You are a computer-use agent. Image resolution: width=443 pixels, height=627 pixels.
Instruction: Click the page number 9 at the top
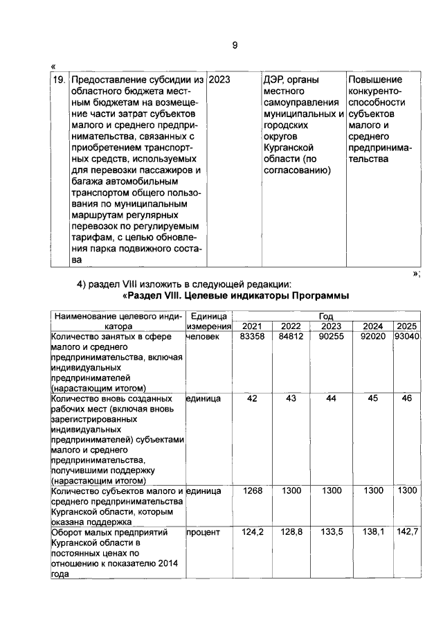pyautogui.click(x=235, y=45)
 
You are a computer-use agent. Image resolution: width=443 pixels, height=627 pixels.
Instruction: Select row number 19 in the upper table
pyautogui.click(x=60, y=80)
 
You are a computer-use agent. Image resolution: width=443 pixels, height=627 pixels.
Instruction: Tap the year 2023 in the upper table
pyautogui.click(x=219, y=80)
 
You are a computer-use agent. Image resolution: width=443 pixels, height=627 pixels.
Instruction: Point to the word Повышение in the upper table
pyautogui.click(x=374, y=80)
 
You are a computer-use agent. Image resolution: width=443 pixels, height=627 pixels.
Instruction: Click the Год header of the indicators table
pyautogui.click(x=325, y=316)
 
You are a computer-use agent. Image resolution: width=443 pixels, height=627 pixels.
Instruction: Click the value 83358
pyautogui.click(x=252, y=336)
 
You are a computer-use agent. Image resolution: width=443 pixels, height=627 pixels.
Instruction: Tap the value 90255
pyautogui.click(x=331, y=336)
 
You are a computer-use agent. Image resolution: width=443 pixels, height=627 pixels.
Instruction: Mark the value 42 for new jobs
pyautogui.click(x=252, y=398)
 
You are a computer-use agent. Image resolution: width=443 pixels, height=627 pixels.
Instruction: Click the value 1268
pyautogui.click(x=252, y=491)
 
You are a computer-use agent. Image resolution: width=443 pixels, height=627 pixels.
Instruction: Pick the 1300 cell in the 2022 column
pyautogui.click(x=291, y=491)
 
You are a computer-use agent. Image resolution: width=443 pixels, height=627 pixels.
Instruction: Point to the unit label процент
pyautogui.click(x=203, y=533)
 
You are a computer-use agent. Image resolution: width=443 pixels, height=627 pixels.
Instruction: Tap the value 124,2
pyautogui.click(x=252, y=533)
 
